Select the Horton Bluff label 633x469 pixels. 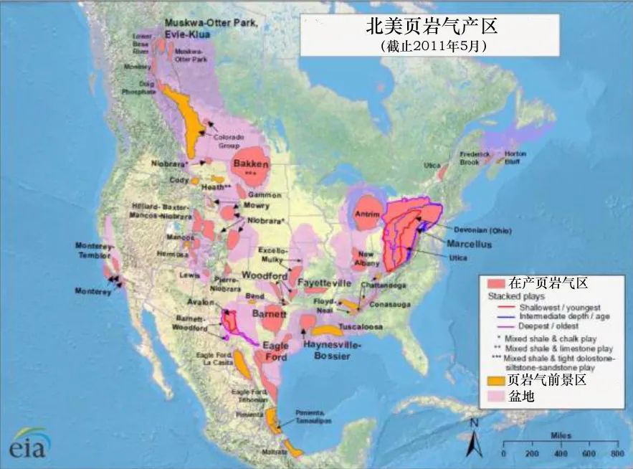tap(515, 158)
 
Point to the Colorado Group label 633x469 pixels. tap(229, 141)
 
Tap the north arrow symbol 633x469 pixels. tap(473, 439)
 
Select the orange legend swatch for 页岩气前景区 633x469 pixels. tap(495, 381)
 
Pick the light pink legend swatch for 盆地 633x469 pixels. tap(495, 396)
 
